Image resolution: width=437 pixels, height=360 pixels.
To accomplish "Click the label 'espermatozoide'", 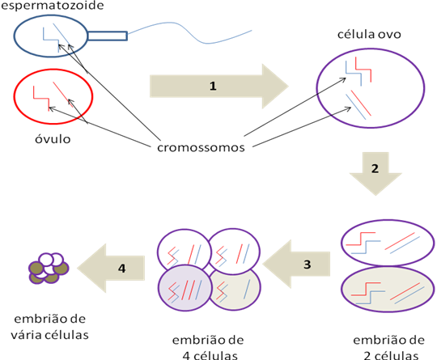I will [52, 6].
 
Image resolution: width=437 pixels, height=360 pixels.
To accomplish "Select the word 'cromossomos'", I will [201, 148].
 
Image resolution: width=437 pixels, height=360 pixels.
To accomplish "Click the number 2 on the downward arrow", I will [374, 171].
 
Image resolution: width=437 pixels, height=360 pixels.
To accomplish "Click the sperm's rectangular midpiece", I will [107, 35].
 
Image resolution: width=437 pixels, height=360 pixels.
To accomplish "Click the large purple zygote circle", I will [369, 90].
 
